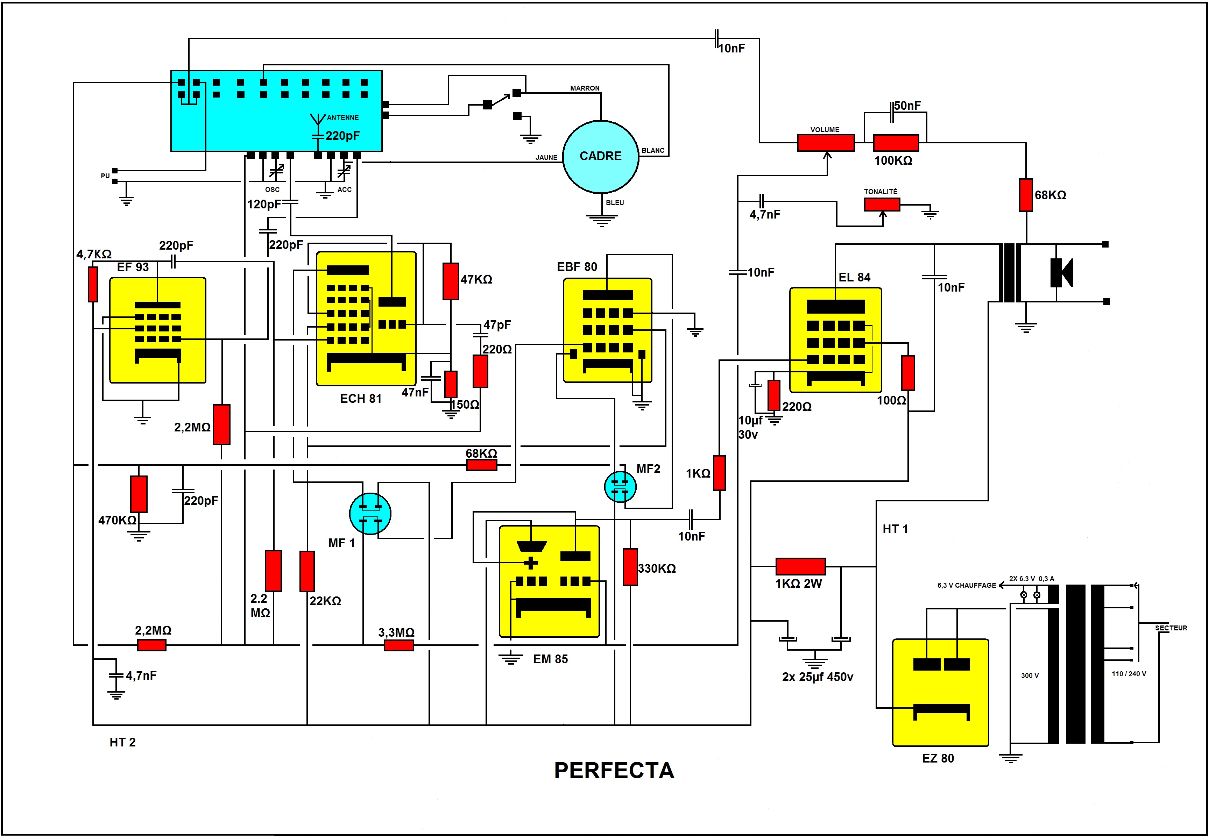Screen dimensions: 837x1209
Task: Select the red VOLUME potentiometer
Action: click(826, 143)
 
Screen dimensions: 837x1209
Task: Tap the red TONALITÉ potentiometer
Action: click(882, 204)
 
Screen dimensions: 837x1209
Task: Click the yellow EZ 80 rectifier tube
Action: click(940, 692)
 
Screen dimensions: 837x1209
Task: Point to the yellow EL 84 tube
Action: click(835, 340)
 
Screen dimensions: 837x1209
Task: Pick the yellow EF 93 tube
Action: click(157, 330)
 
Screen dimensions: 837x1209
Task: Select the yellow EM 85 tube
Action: click(549, 581)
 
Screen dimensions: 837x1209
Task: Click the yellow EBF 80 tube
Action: click(607, 330)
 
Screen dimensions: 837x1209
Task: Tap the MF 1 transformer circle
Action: click(370, 513)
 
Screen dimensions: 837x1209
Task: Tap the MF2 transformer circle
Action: click(620, 487)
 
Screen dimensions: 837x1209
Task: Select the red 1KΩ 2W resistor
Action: click(800, 566)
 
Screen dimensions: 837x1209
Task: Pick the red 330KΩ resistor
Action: click(630, 567)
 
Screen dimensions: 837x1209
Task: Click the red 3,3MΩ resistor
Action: click(399, 645)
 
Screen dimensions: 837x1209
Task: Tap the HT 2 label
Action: click(122, 742)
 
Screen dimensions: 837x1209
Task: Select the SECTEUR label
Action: click(1171, 628)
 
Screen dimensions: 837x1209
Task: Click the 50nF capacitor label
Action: click(907, 106)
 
